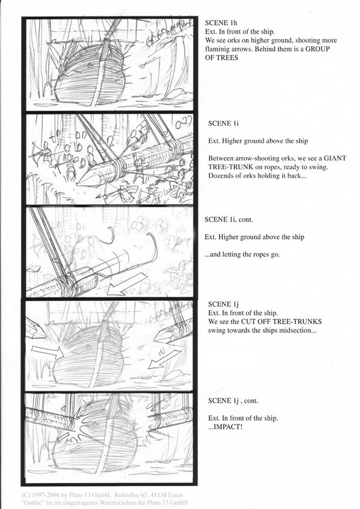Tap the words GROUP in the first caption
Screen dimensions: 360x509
(x=318, y=49)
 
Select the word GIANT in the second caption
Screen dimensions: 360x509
(x=335, y=158)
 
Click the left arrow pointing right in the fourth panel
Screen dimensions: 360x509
(x=47, y=352)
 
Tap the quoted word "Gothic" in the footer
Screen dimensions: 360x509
(x=32, y=502)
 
